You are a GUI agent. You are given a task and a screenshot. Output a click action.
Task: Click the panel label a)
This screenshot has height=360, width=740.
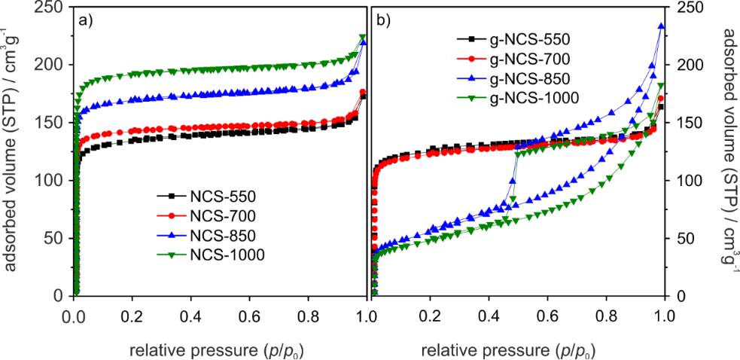86,20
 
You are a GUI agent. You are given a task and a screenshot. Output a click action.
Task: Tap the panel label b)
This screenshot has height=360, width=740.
383,20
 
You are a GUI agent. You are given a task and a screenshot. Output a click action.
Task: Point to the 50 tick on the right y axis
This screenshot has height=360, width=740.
684,239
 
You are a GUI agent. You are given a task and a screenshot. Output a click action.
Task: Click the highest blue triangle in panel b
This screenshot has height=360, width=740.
661,26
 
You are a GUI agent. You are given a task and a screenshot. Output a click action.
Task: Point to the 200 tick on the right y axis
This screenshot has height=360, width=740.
688,65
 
